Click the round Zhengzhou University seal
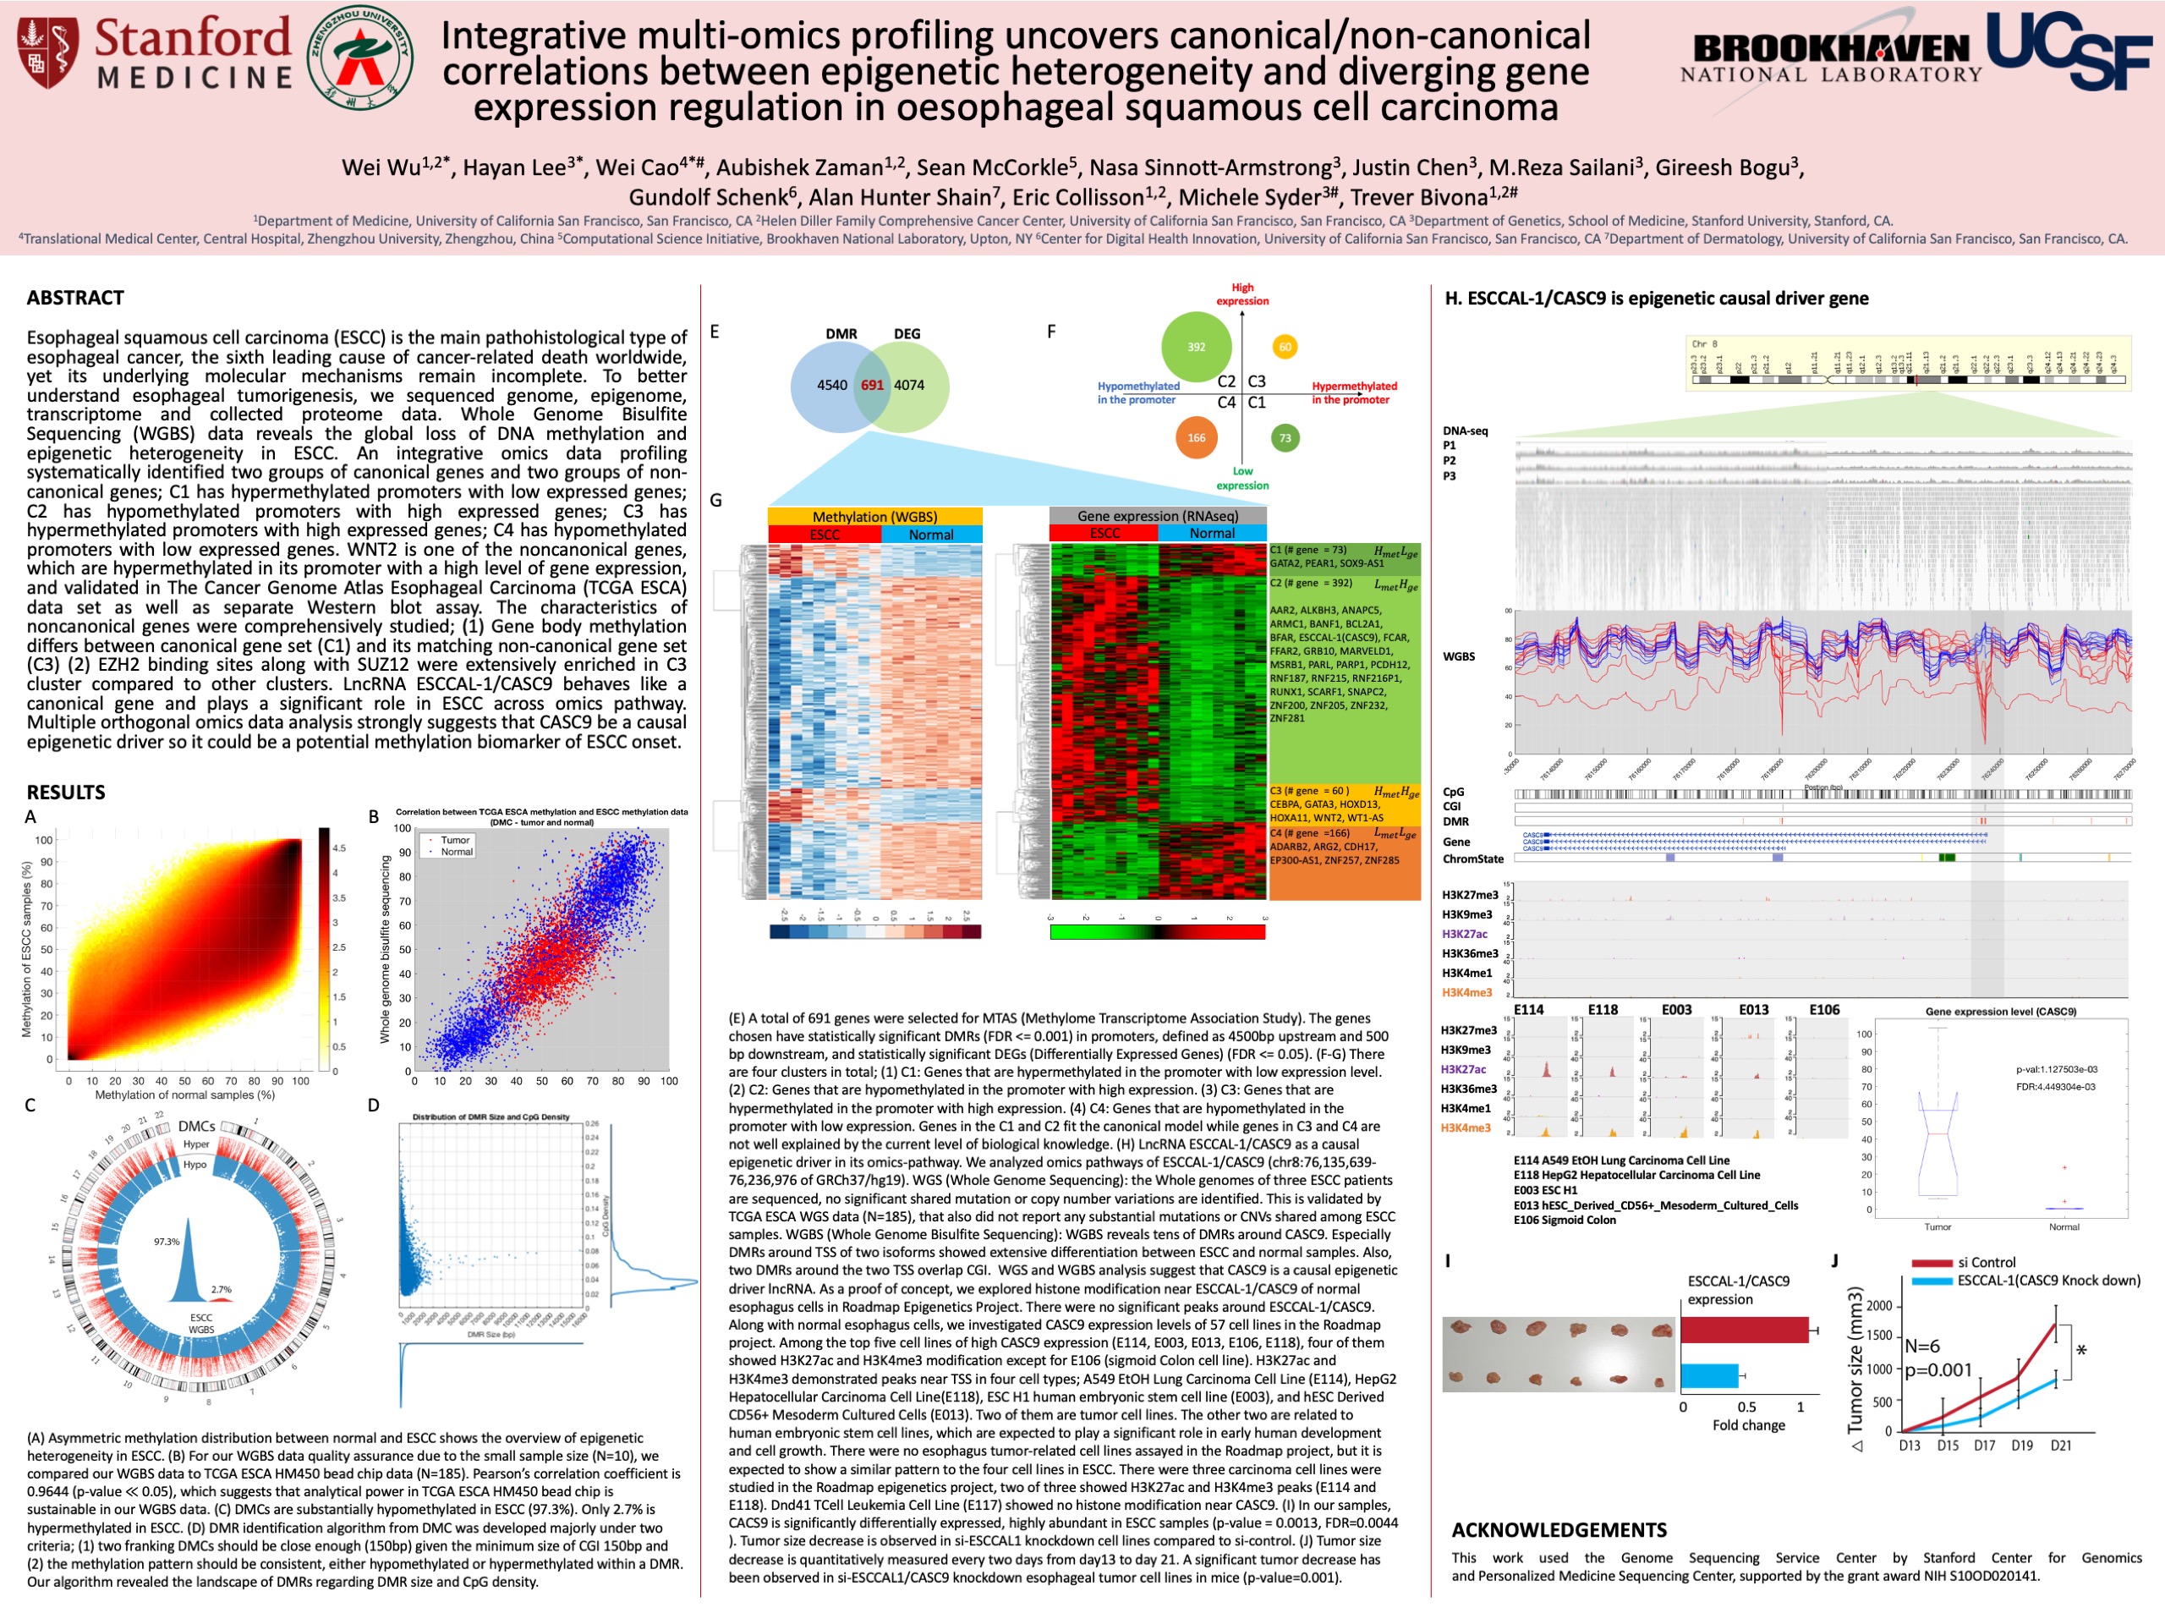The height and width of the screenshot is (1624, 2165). click(x=359, y=58)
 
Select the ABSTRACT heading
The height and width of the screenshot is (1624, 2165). click(x=75, y=298)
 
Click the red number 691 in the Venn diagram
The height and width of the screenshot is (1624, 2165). click(x=872, y=385)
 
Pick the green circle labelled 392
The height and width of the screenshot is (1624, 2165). click(x=1196, y=347)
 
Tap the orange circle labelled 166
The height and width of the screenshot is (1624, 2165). click(x=1196, y=437)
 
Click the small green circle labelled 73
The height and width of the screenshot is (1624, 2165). click(x=1285, y=437)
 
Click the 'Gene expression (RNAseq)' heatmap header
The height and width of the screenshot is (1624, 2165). click(x=1157, y=516)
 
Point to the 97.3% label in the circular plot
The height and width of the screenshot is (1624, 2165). click(x=167, y=1241)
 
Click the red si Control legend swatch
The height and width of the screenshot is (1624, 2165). click(x=1931, y=1263)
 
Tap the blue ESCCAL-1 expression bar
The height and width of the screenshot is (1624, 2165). click(x=1709, y=1375)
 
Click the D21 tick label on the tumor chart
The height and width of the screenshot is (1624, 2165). click(x=2060, y=1445)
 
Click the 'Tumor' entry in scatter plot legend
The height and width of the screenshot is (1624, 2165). click(x=454, y=840)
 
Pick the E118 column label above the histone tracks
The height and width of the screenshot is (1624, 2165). click(x=1603, y=1009)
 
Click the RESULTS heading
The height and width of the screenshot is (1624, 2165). click(x=66, y=792)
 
